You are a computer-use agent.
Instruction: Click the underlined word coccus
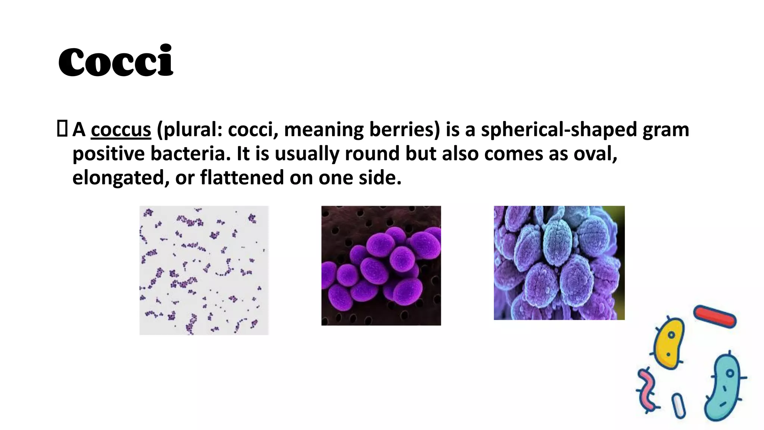(x=121, y=130)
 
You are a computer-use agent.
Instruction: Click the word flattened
(x=242, y=177)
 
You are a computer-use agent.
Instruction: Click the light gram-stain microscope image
(x=204, y=270)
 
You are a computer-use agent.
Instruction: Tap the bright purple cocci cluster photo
(x=381, y=265)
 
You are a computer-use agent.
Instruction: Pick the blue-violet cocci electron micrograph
(x=559, y=263)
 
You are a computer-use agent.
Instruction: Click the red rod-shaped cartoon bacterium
(x=715, y=317)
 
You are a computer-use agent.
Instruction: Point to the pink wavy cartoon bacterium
(x=648, y=390)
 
